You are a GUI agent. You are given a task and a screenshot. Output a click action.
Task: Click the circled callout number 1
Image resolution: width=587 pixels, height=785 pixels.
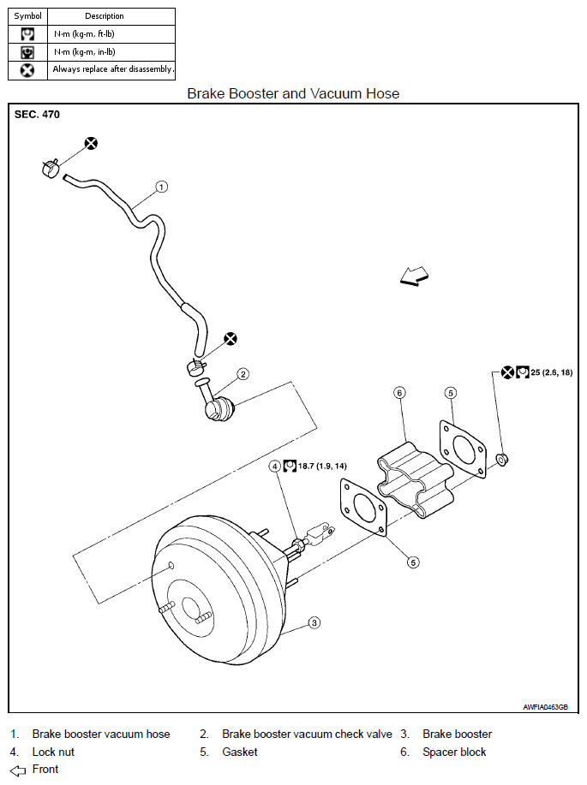161,187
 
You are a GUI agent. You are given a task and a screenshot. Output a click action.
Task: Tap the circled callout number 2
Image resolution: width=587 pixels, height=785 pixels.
243,374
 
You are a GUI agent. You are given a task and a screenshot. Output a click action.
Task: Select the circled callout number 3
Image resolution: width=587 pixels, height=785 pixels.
314,623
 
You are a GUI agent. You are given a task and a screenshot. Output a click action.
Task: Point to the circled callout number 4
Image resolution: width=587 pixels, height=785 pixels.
275,466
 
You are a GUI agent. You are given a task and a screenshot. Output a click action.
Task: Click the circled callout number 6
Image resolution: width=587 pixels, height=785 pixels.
399,393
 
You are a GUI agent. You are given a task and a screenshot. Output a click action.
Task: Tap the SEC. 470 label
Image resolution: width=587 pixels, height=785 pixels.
37,115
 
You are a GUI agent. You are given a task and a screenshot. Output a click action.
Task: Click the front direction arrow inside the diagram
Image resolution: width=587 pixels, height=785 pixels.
414,276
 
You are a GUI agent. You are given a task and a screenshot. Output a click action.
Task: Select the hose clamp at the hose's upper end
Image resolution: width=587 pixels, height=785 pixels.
51,167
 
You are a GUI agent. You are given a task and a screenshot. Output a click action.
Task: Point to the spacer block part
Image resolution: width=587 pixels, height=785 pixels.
416,480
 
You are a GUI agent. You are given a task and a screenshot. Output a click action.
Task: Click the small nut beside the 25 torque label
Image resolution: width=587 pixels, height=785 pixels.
502,459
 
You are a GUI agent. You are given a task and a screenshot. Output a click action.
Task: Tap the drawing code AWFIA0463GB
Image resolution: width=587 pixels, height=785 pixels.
545,707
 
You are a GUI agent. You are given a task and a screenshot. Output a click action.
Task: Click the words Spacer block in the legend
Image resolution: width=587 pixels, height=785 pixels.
454,752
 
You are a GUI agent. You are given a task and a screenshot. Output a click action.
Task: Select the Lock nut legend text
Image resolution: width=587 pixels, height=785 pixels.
53,752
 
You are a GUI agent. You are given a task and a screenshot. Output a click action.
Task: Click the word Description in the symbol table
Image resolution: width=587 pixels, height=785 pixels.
105,16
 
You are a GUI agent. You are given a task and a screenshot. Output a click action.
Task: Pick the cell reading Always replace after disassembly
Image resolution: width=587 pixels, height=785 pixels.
113,69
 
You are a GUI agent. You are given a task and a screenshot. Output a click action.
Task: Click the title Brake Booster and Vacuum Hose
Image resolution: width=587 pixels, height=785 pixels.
293,93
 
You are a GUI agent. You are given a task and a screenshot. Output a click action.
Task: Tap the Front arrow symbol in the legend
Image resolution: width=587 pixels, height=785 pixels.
17,770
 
